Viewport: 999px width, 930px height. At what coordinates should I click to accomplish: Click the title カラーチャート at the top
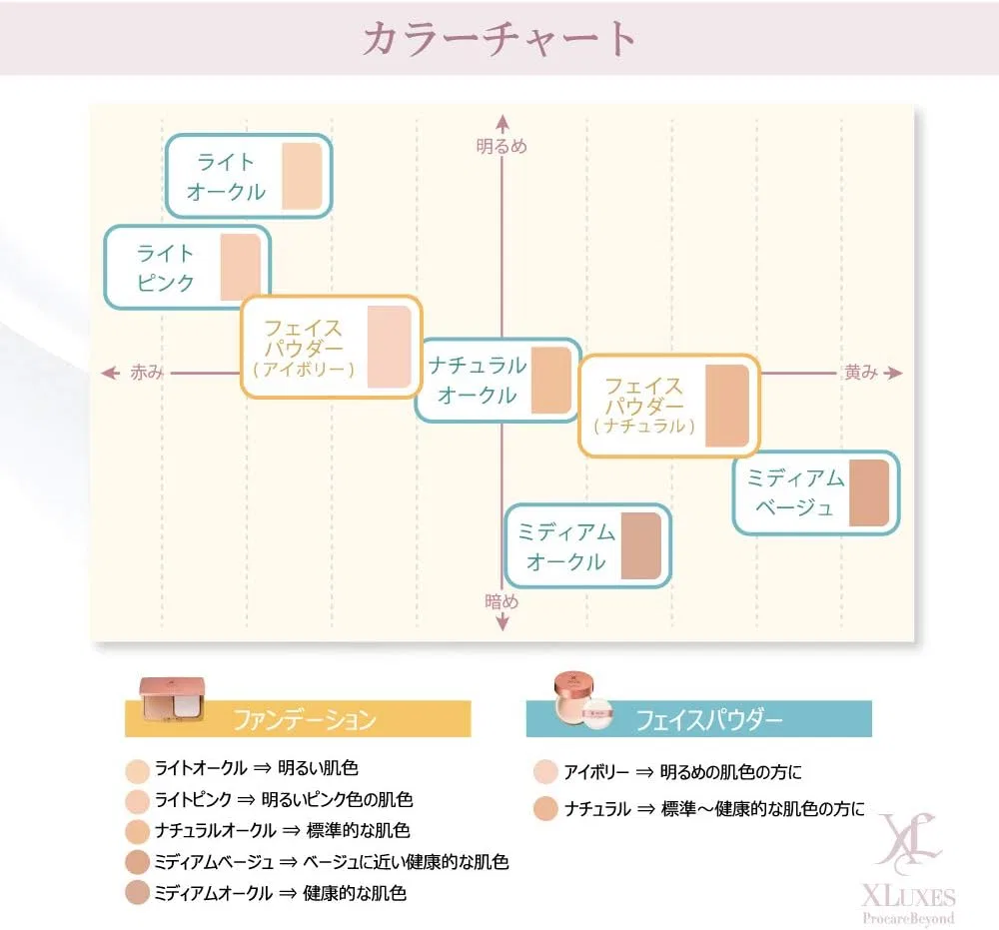(x=499, y=38)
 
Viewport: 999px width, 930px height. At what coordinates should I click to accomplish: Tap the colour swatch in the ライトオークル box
(x=302, y=176)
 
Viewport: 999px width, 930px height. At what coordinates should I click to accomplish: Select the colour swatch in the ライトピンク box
(x=241, y=267)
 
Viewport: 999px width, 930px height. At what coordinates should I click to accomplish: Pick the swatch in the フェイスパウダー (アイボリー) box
(x=390, y=348)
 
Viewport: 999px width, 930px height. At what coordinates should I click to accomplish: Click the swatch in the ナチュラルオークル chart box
(x=551, y=381)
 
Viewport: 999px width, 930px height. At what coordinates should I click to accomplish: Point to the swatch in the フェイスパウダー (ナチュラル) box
(x=727, y=406)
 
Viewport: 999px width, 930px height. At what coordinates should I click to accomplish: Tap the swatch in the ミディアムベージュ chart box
(x=869, y=493)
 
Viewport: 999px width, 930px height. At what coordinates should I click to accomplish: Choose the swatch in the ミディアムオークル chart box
(x=641, y=545)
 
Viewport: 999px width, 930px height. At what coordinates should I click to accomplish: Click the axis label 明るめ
(x=501, y=147)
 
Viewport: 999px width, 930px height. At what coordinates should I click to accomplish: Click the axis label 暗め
(x=501, y=601)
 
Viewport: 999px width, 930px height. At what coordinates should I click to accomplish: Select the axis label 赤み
(x=147, y=372)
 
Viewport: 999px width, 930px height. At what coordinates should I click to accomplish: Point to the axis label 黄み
(x=861, y=372)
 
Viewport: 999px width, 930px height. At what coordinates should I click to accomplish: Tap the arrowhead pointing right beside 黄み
(x=894, y=373)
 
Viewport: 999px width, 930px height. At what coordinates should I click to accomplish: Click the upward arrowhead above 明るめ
(x=502, y=122)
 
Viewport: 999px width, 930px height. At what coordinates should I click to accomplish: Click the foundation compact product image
(x=172, y=699)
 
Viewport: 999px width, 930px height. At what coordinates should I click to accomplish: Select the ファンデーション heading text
(x=305, y=720)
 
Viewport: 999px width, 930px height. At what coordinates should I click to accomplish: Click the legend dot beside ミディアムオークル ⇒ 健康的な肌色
(x=137, y=893)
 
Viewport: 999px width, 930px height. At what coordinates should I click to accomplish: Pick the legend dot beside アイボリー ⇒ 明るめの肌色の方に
(x=546, y=772)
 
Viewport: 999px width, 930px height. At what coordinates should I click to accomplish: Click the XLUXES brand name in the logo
(x=908, y=897)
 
